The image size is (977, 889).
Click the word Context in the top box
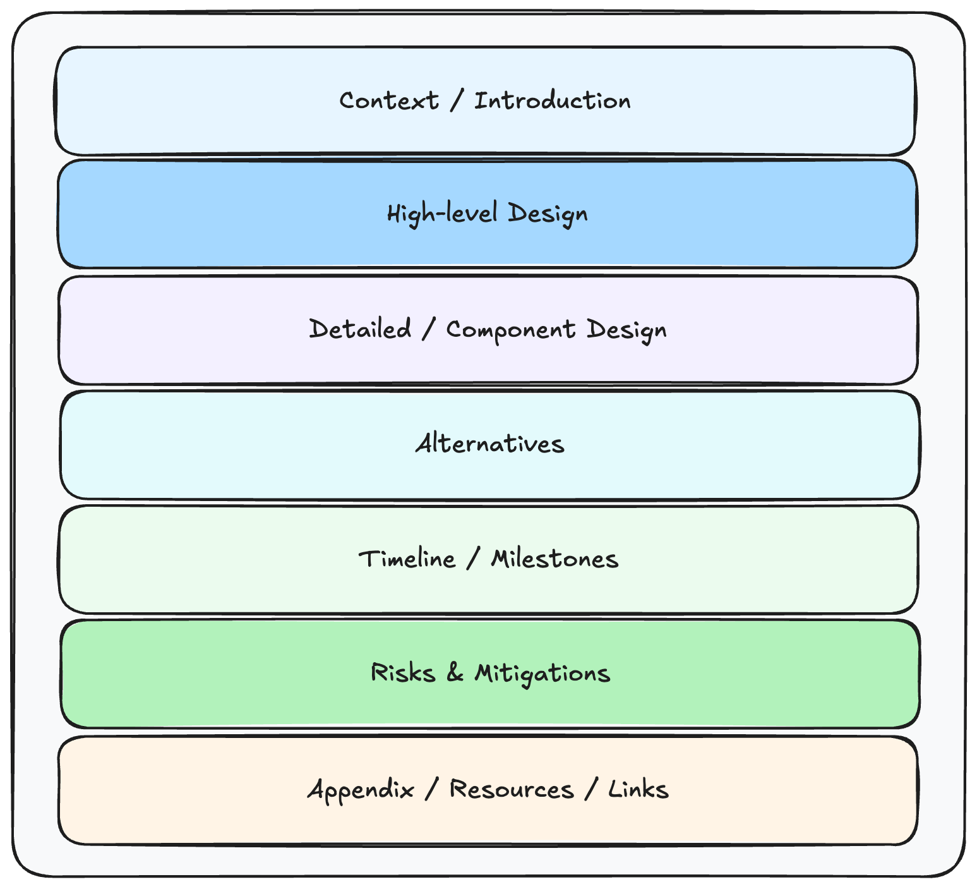[388, 101]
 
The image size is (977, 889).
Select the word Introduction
[552, 101]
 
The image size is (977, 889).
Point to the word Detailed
[360, 329]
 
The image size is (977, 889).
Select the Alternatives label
[489, 444]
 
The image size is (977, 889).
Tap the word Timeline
[407, 559]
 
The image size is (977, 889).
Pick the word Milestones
[554, 559]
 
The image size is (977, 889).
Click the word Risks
[403, 673]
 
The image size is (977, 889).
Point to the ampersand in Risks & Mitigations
[455, 673]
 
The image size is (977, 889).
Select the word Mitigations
[542, 674]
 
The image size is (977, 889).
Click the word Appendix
[361, 790]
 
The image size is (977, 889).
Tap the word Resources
[512, 790]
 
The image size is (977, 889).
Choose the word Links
[638, 790]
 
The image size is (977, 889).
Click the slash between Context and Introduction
[456, 101]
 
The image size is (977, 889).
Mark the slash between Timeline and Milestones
[472, 559]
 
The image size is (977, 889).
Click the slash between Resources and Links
[590, 790]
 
